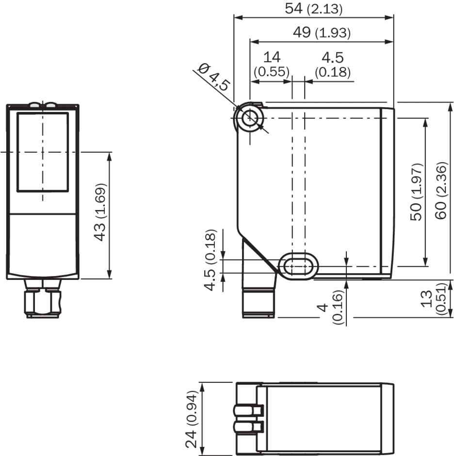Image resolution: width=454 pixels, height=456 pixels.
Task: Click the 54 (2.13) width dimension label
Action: [x=313, y=8]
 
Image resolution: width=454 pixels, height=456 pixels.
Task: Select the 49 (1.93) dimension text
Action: [x=322, y=33]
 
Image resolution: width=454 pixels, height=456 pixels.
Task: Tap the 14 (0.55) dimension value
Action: [x=272, y=65]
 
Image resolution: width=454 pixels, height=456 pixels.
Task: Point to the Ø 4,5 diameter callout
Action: [x=214, y=77]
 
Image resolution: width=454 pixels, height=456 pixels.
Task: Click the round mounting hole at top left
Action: [x=250, y=118]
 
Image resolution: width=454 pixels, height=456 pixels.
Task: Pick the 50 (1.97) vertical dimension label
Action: [x=416, y=192]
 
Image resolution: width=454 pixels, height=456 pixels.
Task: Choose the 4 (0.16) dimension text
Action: [x=331, y=307]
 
